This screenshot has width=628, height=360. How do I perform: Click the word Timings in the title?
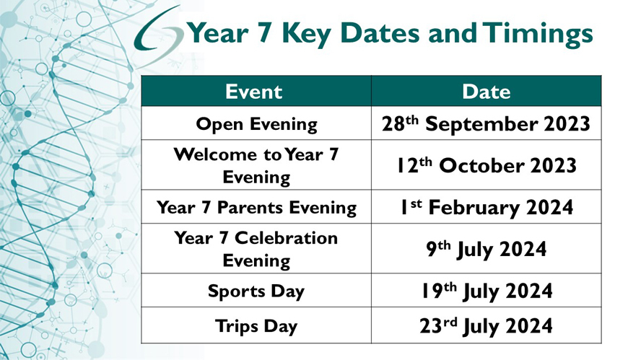(x=538, y=34)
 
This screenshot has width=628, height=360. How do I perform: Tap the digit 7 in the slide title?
(x=263, y=33)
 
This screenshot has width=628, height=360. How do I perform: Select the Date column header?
(x=487, y=92)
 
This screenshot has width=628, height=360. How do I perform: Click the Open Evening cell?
(x=256, y=124)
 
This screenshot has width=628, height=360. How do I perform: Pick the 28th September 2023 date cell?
(x=486, y=123)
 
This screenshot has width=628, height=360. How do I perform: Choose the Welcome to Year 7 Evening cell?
(x=256, y=165)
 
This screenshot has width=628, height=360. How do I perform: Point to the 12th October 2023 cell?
(x=487, y=165)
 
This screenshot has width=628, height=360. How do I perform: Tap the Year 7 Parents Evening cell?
(x=256, y=208)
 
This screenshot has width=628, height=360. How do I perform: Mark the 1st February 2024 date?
(x=487, y=208)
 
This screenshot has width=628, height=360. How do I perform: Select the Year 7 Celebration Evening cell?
(x=256, y=249)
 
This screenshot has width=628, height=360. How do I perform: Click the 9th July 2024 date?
(x=487, y=249)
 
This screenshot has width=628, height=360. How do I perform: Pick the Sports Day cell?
(x=256, y=291)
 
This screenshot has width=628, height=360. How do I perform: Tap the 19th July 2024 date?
(x=487, y=291)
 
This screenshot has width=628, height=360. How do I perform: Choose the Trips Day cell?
(x=256, y=326)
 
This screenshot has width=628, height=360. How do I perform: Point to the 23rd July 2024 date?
(x=487, y=326)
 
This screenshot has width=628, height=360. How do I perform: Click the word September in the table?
(x=481, y=124)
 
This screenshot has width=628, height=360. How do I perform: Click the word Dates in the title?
(x=380, y=33)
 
